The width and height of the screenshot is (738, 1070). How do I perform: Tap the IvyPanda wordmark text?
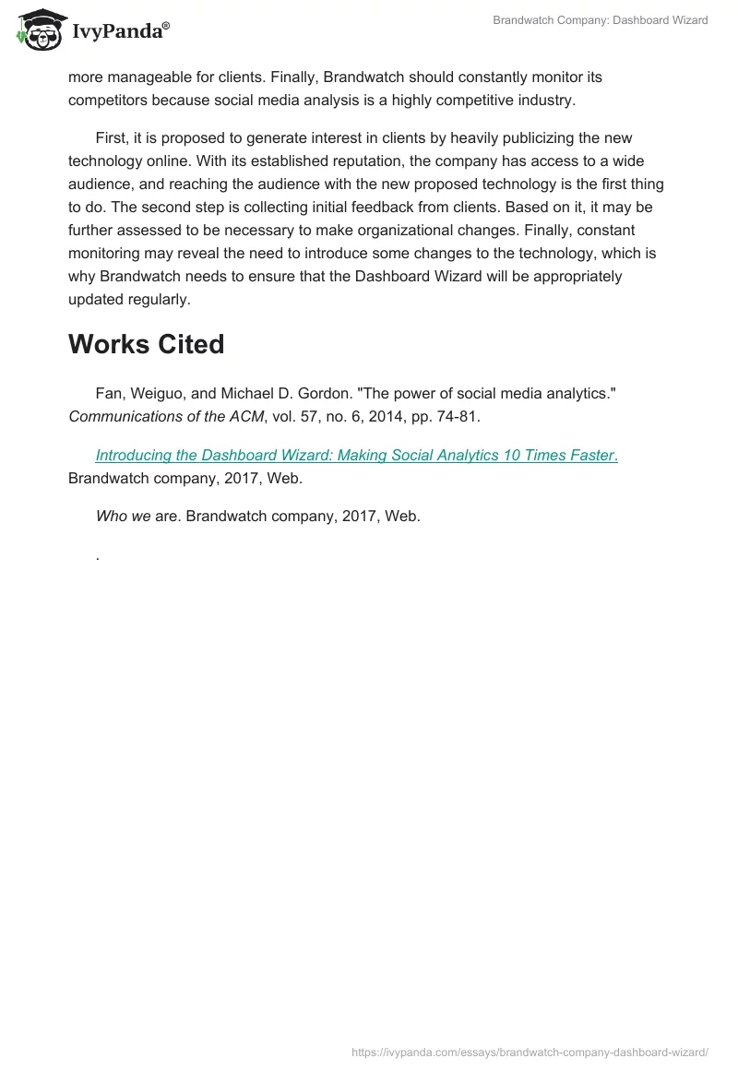coord(120,31)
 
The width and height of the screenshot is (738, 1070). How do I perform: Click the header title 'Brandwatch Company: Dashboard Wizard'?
coord(601,19)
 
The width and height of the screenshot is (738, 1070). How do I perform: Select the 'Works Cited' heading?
coord(146,344)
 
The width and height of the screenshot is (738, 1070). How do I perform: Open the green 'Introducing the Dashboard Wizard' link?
coord(355,455)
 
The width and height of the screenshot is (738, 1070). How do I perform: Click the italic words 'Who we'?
coord(123,517)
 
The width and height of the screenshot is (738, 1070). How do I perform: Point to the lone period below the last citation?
coord(97,556)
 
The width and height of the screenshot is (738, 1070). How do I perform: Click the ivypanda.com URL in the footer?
coord(530,1052)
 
